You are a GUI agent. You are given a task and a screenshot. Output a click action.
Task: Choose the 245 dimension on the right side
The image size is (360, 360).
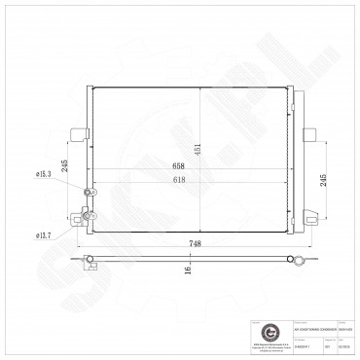(x=322, y=179)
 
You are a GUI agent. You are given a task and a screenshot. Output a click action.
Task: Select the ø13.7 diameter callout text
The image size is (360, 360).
(x=45, y=235)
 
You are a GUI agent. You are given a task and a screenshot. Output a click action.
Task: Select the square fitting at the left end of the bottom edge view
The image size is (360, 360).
(x=87, y=256)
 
